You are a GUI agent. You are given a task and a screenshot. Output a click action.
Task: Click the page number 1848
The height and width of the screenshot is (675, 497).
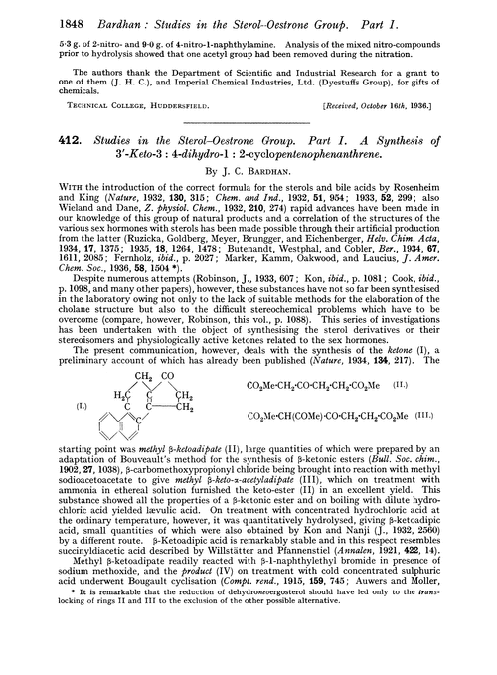tap(37, 11)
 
